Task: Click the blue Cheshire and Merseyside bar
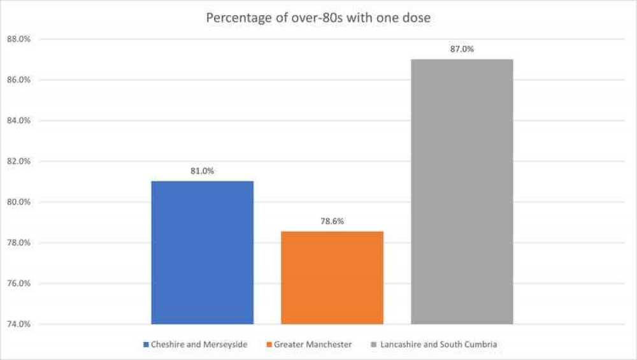point(202,252)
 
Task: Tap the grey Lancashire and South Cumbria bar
point(462,191)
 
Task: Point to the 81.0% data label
point(202,171)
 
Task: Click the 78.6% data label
point(332,221)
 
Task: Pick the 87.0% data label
point(462,49)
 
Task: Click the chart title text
point(318,18)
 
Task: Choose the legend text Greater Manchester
point(312,345)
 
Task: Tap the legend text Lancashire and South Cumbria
point(438,345)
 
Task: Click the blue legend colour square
point(146,345)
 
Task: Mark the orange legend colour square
point(269,345)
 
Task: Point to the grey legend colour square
point(373,345)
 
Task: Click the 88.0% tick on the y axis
point(19,40)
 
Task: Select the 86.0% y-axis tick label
point(19,80)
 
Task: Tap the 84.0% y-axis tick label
point(19,120)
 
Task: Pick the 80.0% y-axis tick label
point(19,202)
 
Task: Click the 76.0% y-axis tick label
point(19,284)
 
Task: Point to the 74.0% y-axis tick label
point(19,324)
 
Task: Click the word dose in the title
point(417,18)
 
